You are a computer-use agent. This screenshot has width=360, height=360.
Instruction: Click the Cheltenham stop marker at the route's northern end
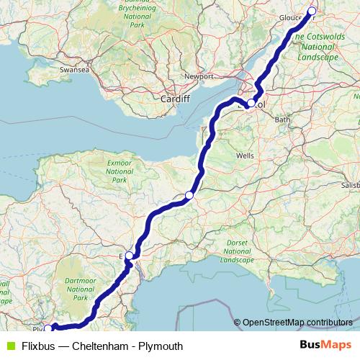[312, 11]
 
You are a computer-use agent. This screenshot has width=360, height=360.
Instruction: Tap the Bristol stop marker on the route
[250, 104]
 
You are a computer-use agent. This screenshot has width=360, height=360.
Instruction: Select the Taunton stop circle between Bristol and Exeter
[189, 195]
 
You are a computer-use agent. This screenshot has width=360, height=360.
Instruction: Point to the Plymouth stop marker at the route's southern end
[48, 328]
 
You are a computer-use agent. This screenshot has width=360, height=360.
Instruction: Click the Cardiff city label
[176, 99]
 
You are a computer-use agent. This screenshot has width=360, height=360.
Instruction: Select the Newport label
[199, 76]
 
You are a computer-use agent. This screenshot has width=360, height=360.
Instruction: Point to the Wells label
[245, 155]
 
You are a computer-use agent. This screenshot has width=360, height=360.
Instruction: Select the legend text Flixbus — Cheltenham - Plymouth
[102, 346]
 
